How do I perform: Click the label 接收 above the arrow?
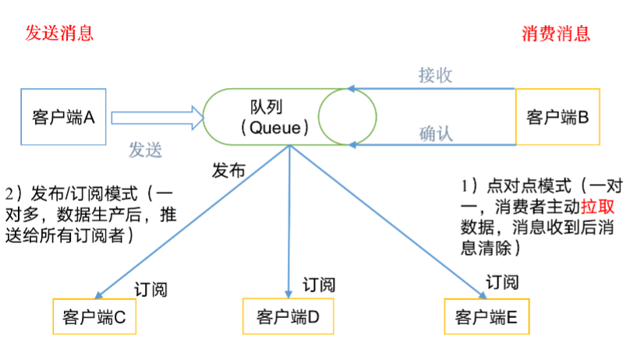click(x=435, y=76)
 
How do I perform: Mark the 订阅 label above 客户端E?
click(x=502, y=281)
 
